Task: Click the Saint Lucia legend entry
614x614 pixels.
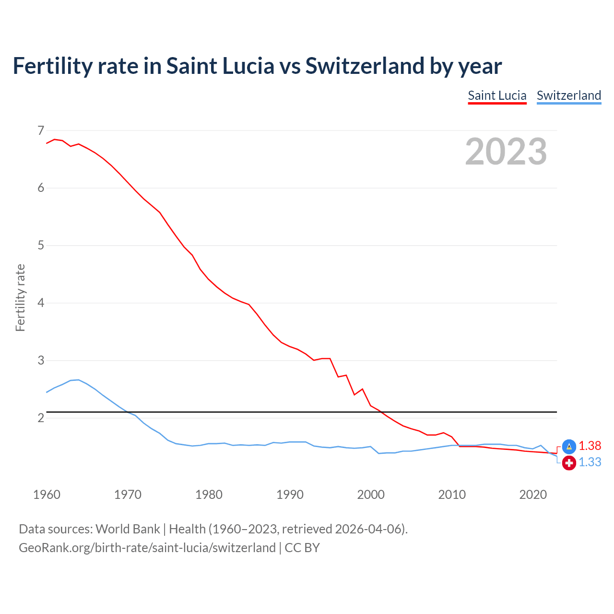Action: coord(497,95)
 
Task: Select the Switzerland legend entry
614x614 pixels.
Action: coord(568,95)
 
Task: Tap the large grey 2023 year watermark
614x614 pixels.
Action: coord(506,152)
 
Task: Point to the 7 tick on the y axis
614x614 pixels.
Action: coord(41,130)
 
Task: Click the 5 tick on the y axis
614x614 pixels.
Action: coord(41,246)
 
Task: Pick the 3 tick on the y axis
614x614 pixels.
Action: coord(41,360)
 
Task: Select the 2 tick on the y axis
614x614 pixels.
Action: coord(41,418)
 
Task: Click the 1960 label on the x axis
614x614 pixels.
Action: coord(47,495)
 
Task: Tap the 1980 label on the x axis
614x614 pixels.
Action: coord(209,495)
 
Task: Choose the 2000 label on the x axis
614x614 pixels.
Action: coord(371,495)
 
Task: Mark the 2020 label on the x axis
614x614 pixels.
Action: coord(533,495)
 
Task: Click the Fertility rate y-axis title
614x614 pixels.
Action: coord(20,297)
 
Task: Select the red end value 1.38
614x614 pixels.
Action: coord(590,446)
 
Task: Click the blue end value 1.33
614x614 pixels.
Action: coord(590,462)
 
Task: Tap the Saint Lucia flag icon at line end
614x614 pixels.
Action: coord(569,447)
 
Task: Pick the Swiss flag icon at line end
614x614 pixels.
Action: coord(569,463)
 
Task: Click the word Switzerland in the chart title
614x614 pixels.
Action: coord(365,66)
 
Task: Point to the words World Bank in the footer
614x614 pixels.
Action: coord(128,529)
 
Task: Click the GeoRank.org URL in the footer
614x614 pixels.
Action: coord(147,548)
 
